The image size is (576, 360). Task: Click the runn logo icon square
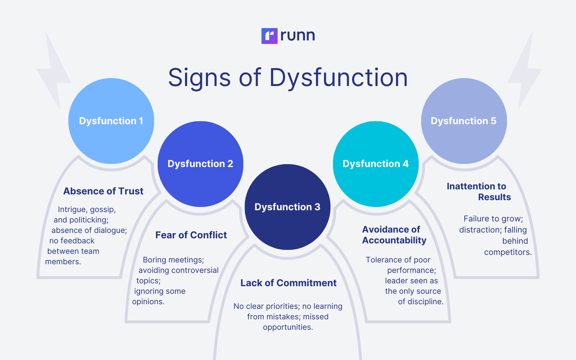pos(269,36)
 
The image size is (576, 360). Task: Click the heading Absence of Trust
pos(103,191)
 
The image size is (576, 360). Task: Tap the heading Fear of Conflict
pos(191,235)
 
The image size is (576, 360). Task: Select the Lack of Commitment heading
pos(288,283)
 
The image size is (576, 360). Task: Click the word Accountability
pos(394,240)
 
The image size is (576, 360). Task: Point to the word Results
pos(494,197)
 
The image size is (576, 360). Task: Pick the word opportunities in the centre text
pos(287,327)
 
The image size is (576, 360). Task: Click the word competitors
pos(508,252)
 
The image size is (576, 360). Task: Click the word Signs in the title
pos(199,78)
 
